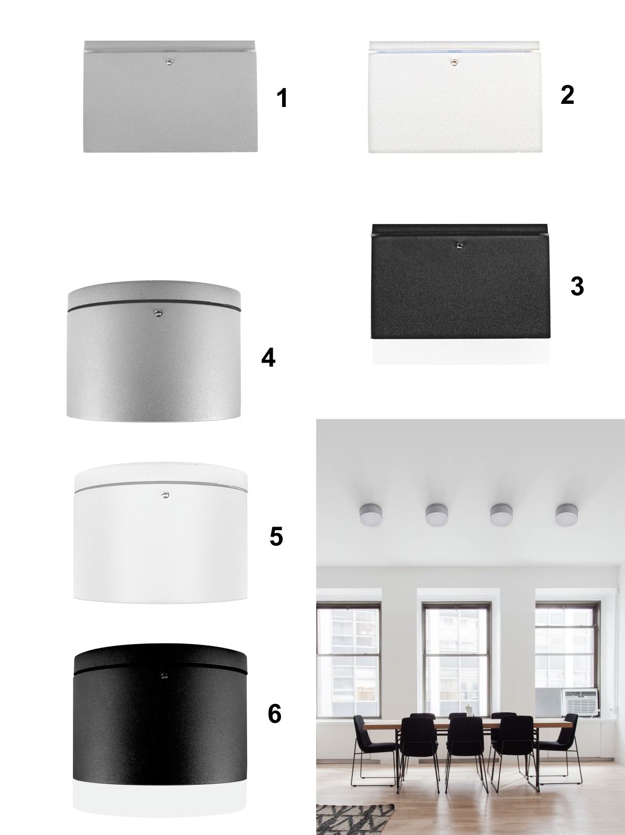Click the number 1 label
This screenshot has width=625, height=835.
282,98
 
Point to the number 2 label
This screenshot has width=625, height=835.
567,95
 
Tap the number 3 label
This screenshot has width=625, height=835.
577,286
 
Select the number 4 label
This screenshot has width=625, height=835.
268,358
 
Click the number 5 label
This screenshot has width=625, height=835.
276,537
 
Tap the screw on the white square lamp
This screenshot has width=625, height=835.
454,62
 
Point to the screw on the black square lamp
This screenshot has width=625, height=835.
460,246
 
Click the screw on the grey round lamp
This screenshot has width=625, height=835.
157,313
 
